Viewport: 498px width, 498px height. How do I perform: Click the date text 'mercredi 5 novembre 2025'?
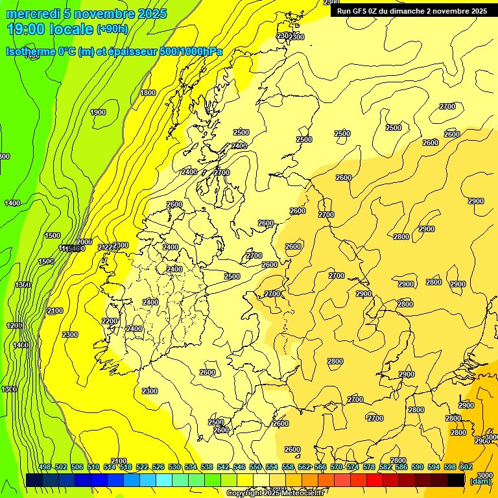point(87,14)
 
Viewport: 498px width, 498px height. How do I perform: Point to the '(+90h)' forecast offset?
point(112,29)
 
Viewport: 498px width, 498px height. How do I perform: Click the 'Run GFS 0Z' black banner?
point(412,11)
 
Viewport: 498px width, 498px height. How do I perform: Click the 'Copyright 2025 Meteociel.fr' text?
point(276,493)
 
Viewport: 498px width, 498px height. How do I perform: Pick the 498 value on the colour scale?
point(45,468)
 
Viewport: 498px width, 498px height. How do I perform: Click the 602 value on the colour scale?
point(466,468)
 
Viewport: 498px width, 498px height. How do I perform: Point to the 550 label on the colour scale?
point(255,468)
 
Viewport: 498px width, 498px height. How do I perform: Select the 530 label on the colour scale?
point(174,468)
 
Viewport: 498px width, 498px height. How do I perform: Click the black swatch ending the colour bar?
point(456,480)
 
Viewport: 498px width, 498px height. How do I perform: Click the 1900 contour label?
point(98,113)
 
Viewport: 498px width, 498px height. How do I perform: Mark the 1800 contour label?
point(148,93)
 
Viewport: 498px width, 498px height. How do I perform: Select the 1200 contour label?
point(15,326)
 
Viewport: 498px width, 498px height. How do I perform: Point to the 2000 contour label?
point(84,242)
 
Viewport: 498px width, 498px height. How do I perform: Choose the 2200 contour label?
point(110,321)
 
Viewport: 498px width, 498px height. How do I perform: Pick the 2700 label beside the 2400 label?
point(222,172)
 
